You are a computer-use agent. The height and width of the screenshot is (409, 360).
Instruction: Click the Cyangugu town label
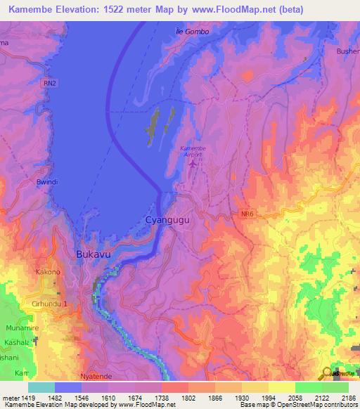click(167, 220)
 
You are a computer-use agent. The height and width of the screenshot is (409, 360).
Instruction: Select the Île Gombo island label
click(191, 32)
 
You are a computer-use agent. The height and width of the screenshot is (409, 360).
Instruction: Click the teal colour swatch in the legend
click(41, 387)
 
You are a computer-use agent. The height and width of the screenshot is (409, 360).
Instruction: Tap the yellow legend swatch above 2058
click(281, 387)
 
